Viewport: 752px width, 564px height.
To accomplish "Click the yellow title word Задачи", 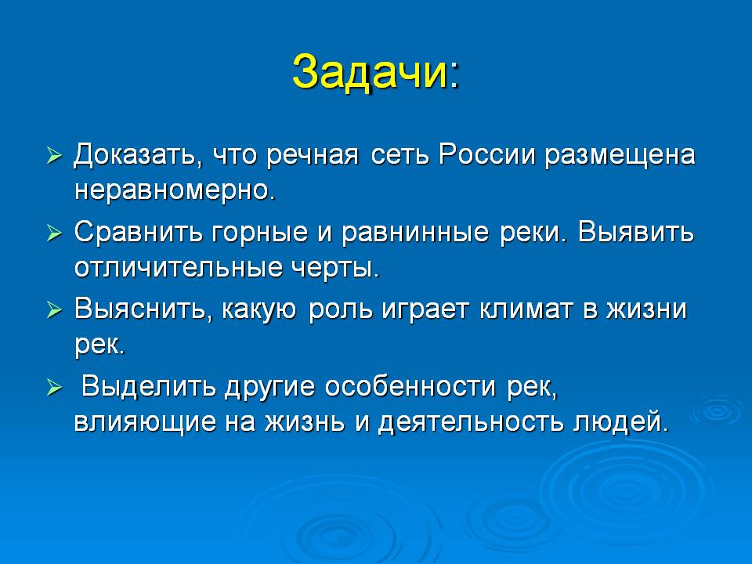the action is pyautogui.click(x=371, y=73).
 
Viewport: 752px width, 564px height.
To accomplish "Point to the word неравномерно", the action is pyautogui.click(x=175, y=191).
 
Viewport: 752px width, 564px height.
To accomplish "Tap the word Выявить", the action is pyautogui.click(x=636, y=232).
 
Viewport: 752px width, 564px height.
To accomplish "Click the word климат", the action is pyautogui.click(x=526, y=309).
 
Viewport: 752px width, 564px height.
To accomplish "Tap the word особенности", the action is pyautogui.click(x=410, y=386).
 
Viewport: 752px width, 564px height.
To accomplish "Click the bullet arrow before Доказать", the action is pyautogui.click(x=55, y=157).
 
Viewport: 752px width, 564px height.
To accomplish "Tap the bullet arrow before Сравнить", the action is pyautogui.click(x=55, y=234).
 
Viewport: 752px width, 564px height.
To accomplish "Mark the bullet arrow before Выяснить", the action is pyautogui.click(x=55, y=310).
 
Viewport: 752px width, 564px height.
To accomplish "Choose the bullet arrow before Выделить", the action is pyautogui.click(x=55, y=388).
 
